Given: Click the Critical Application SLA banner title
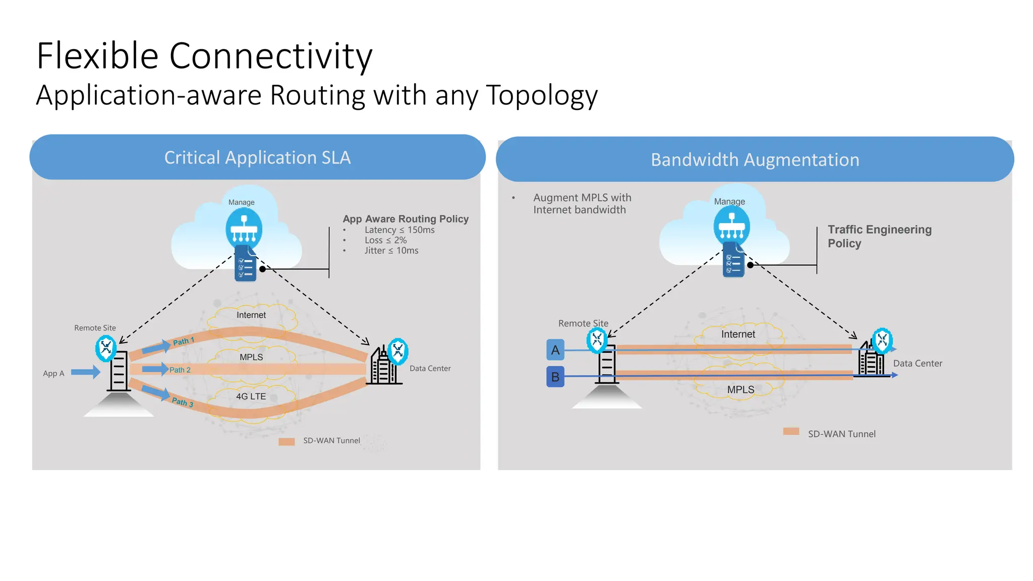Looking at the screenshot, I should (x=257, y=158).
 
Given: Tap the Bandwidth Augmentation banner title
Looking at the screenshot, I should (x=755, y=160).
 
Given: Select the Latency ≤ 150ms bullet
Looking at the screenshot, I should (x=399, y=230).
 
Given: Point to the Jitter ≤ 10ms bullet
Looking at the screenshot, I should (x=391, y=251).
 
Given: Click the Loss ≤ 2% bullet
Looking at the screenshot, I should (x=385, y=241).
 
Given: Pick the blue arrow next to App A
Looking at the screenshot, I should (x=85, y=372).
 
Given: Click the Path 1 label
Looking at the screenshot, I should (x=183, y=341).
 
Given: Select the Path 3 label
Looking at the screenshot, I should (x=182, y=402).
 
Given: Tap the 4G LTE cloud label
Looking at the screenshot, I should (x=251, y=396).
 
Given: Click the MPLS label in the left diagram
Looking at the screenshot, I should (x=251, y=357).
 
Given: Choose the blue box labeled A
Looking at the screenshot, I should (x=555, y=350).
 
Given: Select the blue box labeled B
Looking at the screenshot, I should (x=555, y=377).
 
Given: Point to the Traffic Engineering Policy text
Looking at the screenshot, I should (x=879, y=236).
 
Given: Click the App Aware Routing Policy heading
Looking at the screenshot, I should (x=406, y=219).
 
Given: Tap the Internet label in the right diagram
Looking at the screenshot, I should (x=738, y=334).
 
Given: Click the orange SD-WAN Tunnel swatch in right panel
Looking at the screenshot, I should (x=791, y=431).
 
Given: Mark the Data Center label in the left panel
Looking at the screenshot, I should (x=430, y=369).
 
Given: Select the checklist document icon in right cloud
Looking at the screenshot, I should (x=733, y=260).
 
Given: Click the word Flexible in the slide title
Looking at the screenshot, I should (x=97, y=55).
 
